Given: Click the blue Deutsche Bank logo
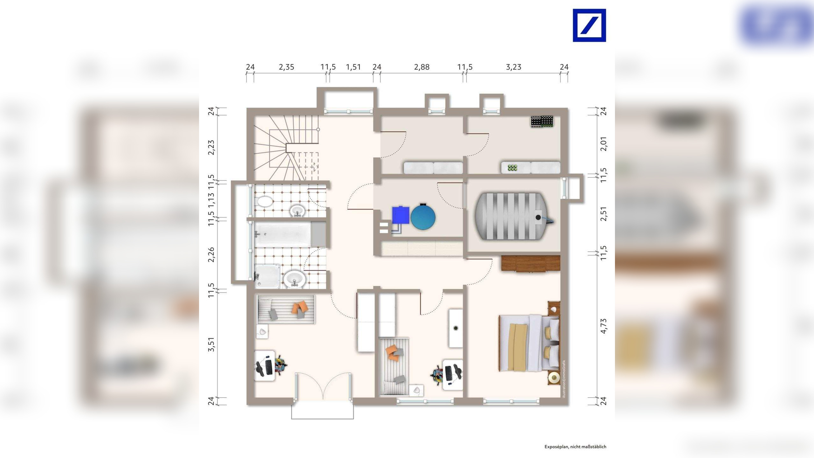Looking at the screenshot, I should point(589,25).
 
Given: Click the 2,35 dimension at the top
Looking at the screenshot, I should point(286,67).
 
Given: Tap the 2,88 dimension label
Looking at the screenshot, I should point(422,67).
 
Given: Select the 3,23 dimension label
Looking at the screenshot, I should point(514,67).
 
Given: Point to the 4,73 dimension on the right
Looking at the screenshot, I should point(603,326).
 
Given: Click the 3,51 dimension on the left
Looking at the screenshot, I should point(211,344).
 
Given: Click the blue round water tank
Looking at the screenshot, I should point(423,217).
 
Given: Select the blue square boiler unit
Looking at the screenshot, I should point(400,215).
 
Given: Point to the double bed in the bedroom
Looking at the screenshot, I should point(529,343).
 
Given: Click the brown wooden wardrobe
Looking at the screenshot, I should point(530,263).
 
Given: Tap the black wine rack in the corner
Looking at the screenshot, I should point(542,122).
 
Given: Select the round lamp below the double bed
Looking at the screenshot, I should point(554,378).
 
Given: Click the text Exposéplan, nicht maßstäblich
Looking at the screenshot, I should point(575,447).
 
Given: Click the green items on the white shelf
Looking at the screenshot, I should point(512,168).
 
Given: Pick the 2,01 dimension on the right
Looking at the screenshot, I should point(603,144).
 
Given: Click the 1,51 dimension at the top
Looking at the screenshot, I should point(353,67).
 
